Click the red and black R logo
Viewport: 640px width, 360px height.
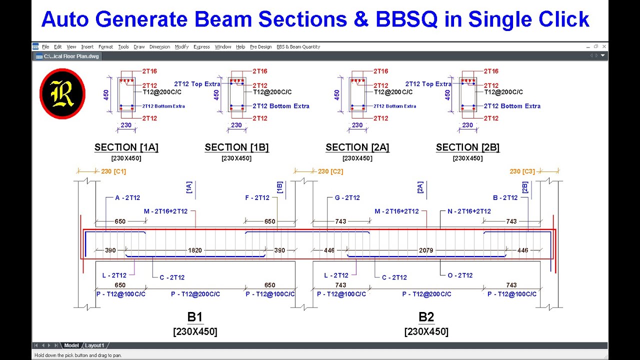pyautogui.click(x=62, y=94)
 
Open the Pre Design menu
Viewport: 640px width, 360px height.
pyautogui.click(x=261, y=47)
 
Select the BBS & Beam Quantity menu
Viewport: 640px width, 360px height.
pyautogui.click(x=298, y=47)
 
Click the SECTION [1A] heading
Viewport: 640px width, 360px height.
pyautogui.click(x=126, y=147)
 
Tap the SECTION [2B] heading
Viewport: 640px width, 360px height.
pyautogui.click(x=467, y=147)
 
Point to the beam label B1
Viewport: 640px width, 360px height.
pyautogui.click(x=195, y=317)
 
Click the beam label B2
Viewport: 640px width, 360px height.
pyautogui.click(x=426, y=317)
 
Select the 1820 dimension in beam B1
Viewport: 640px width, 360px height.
pyautogui.click(x=195, y=250)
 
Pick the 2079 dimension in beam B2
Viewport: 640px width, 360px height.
pyautogui.click(x=426, y=250)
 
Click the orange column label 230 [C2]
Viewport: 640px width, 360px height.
pyautogui.click(x=330, y=171)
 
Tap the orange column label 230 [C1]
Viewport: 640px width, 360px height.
pyautogui.click(x=113, y=171)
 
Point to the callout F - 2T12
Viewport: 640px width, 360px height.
pyautogui.click(x=257, y=198)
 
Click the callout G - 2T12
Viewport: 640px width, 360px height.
pyautogui.click(x=347, y=198)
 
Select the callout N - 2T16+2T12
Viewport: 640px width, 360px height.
pyautogui.click(x=469, y=211)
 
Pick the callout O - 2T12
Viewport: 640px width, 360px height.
pyautogui.click(x=460, y=275)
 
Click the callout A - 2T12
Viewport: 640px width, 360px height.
pyautogui.click(x=127, y=198)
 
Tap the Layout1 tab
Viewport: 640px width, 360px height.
pyautogui.click(x=94, y=345)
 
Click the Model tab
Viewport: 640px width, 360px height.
pyautogui.click(x=71, y=345)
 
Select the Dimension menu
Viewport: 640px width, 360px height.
pyautogui.click(x=159, y=47)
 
